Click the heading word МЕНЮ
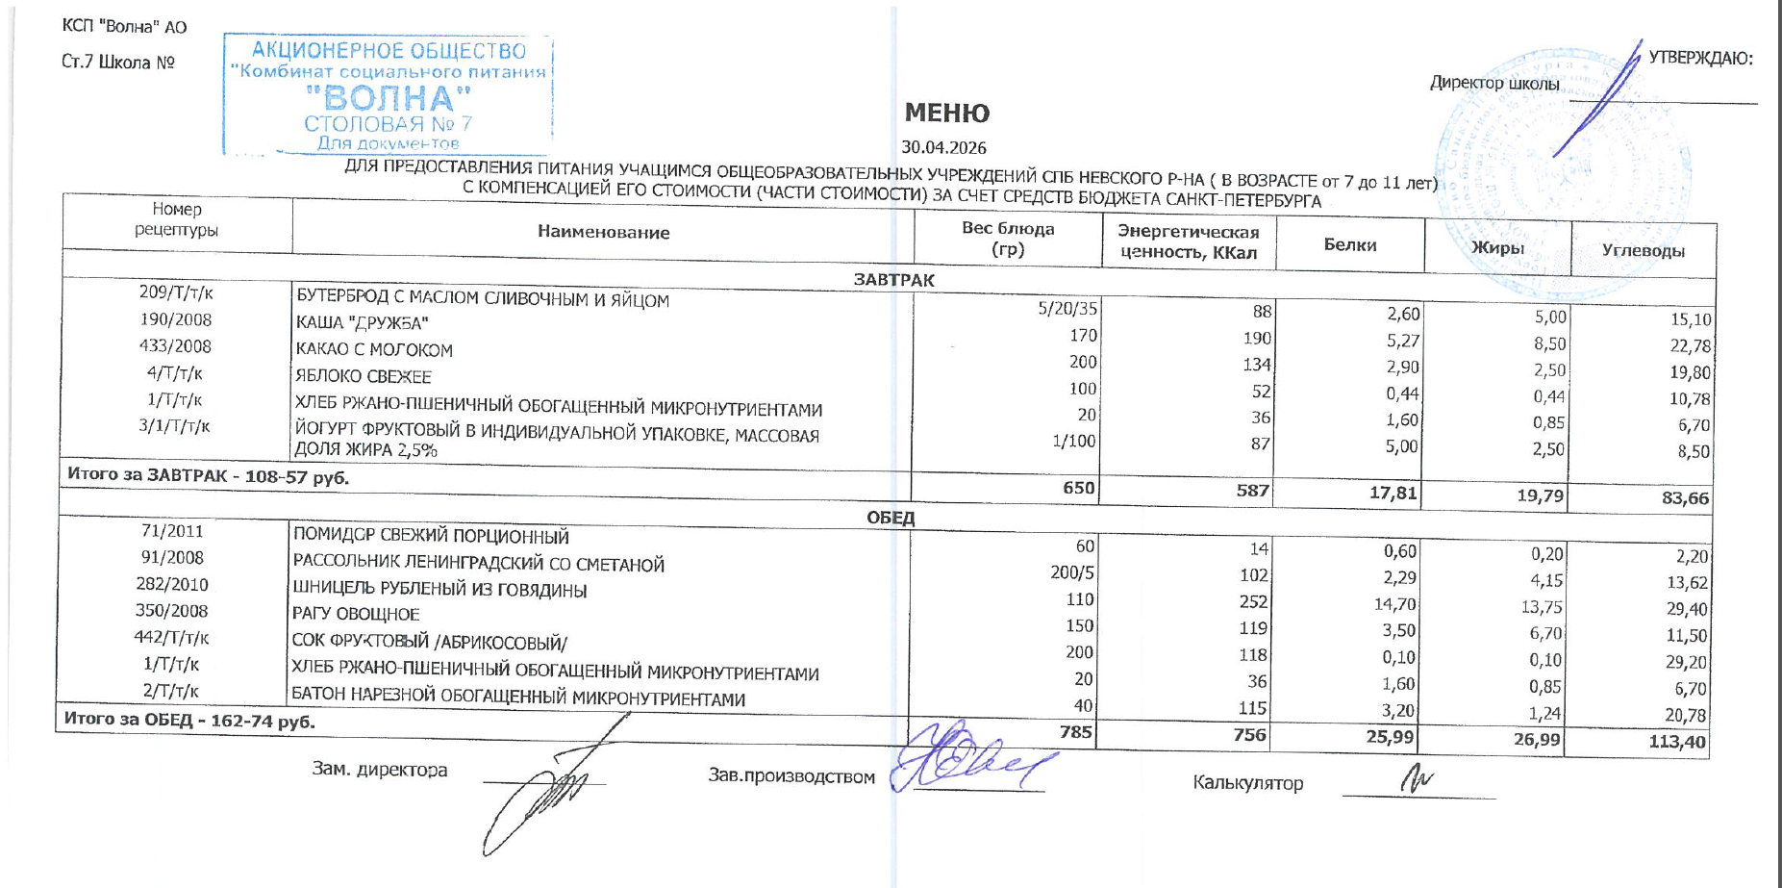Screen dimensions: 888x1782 (x=946, y=114)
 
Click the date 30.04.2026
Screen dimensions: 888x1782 (x=943, y=148)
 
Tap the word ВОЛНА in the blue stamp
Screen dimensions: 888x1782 (x=389, y=98)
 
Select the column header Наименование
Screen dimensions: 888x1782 (x=603, y=232)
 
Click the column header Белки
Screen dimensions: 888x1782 (x=1350, y=245)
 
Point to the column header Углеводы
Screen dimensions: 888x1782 (x=1643, y=251)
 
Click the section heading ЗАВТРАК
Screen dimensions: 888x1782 (x=893, y=280)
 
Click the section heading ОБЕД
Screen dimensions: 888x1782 (x=891, y=518)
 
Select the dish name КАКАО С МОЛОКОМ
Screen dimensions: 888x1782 (x=374, y=350)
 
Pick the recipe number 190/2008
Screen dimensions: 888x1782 (x=175, y=319)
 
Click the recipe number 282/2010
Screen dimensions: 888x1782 (x=172, y=584)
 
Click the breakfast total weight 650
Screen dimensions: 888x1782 (x=1078, y=488)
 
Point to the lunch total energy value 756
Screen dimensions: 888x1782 (x=1249, y=735)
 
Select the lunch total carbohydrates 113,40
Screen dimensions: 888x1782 (x=1677, y=742)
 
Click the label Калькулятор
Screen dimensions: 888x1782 (x=1247, y=783)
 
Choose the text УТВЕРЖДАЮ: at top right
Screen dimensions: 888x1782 (x=1700, y=58)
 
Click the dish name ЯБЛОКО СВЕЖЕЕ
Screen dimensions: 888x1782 (x=364, y=377)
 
